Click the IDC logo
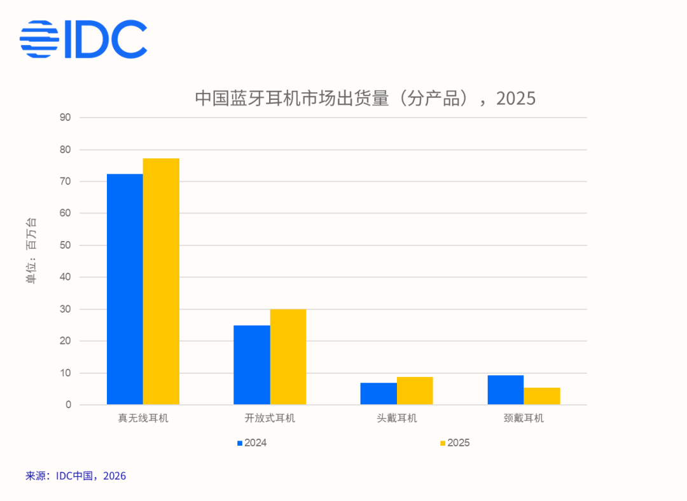coord(83,39)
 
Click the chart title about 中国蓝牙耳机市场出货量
coord(365,99)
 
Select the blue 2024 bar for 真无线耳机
coord(125,289)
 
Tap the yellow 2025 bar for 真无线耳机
coord(161,282)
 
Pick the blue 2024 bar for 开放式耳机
coord(252,365)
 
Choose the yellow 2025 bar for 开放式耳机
coord(288,357)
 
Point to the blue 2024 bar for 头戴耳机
coord(378,394)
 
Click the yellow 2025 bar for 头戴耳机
coord(415,391)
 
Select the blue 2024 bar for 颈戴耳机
coord(506,390)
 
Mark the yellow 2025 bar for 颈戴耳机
coord(542,396)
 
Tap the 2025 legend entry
coord(454,443)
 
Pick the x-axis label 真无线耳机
coord(143,418)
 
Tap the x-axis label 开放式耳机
coord(270,418)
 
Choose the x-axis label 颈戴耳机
coord(524,418)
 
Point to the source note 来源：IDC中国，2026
coord(76,476)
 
